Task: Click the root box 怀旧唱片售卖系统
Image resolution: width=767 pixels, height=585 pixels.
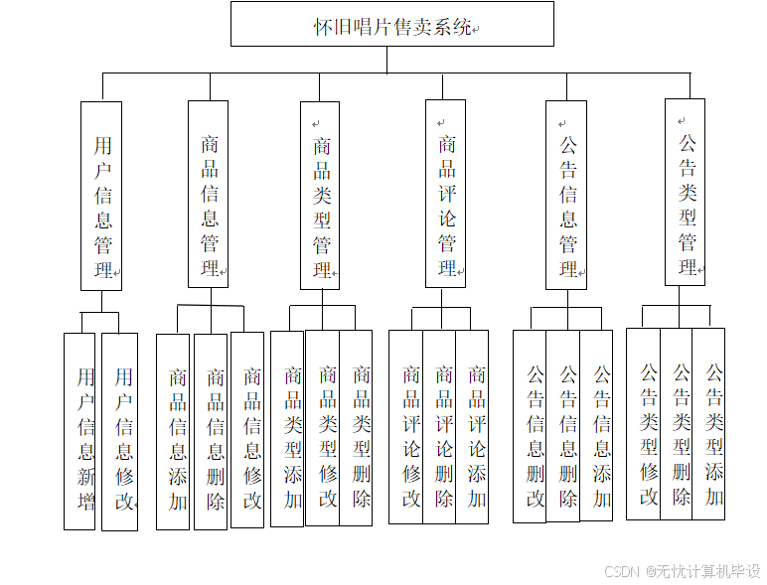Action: [391, 24]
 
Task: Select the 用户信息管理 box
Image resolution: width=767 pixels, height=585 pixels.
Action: [101, 196]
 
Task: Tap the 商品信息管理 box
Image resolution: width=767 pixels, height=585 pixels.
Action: [208, 194]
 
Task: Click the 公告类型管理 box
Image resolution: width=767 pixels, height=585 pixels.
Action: [685, 192]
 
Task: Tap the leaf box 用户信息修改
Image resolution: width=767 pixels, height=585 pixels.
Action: [120, 431]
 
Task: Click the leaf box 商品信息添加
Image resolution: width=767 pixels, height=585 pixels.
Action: [173, 431]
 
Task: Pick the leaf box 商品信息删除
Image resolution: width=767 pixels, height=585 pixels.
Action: [211, 431]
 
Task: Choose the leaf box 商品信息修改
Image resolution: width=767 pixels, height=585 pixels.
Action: [247, 429]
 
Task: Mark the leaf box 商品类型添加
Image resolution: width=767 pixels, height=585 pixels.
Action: [287, 428]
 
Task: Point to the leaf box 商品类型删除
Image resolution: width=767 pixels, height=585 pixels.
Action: [356, 427]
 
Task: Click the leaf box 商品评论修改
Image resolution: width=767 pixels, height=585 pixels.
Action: [405, 427]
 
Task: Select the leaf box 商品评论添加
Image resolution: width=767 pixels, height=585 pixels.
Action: [472, 427]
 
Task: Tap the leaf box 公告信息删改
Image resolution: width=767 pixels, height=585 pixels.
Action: [530, 426]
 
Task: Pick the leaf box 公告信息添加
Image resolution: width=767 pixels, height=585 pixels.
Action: [596, 424]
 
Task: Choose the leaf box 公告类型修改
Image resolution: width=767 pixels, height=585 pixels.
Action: [643, 423]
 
